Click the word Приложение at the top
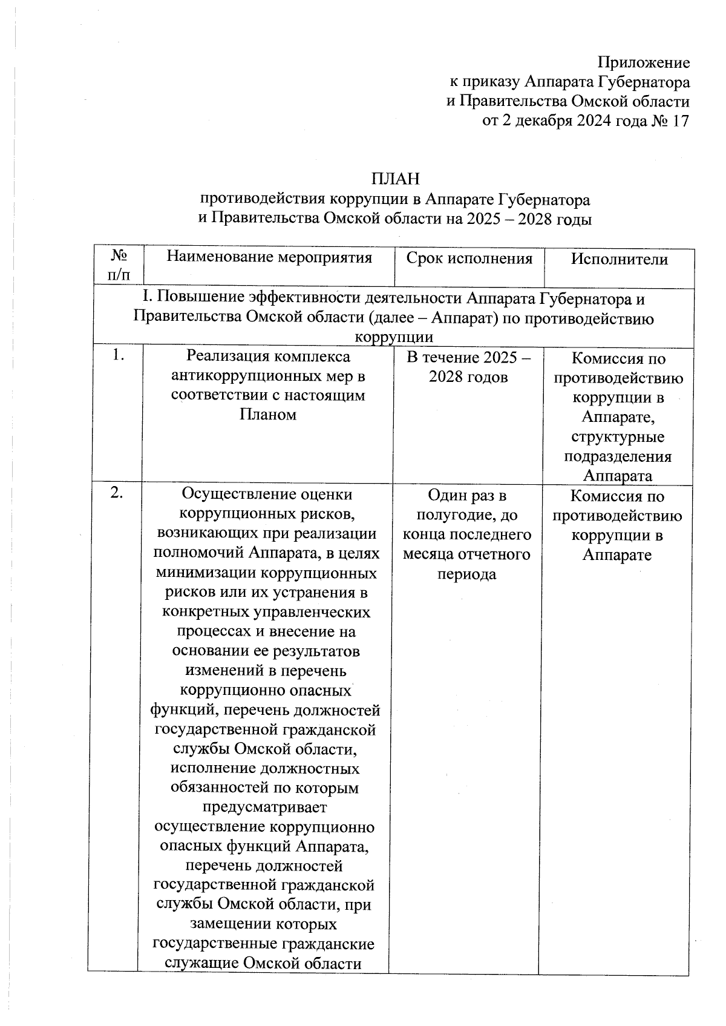point(643,62)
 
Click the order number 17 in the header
point(680,120)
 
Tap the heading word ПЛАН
point(395,179)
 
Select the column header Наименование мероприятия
point(269,258)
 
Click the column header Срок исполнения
point(469,259)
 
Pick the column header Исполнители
point(619,260)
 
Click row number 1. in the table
point(118,357)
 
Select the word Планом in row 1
point(267,415)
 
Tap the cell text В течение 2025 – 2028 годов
point(469,367)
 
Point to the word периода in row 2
point(466,574)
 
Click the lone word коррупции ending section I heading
point(393,338)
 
